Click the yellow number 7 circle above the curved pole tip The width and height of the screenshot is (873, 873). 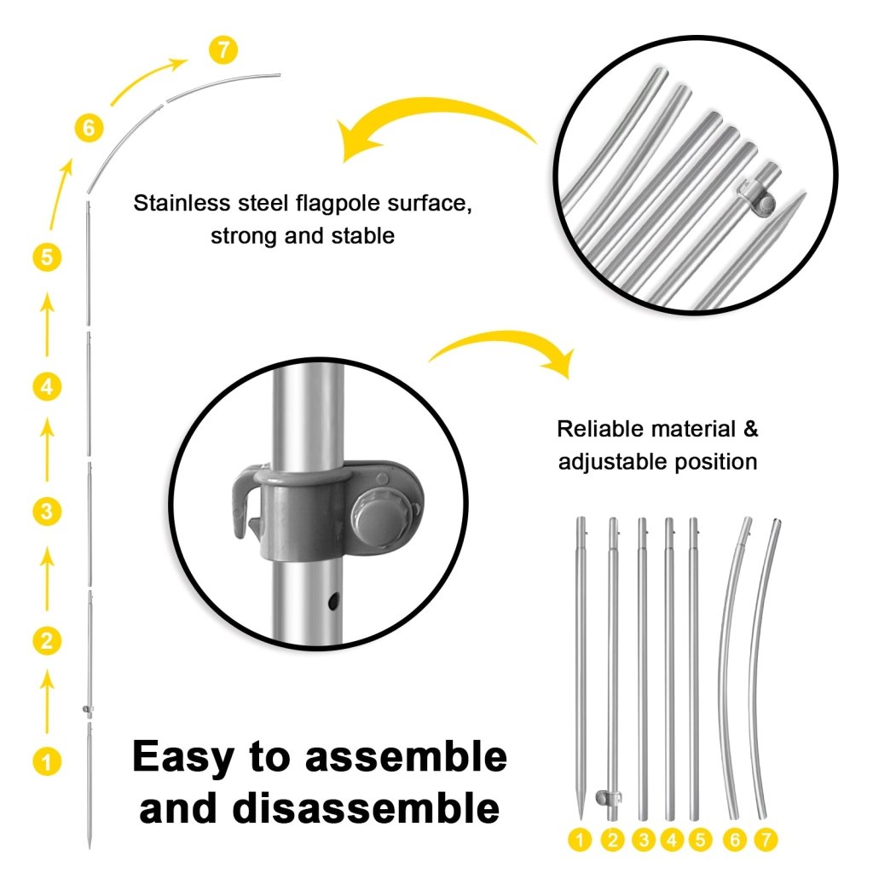click(x=223, y=49)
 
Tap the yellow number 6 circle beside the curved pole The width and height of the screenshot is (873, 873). click(x=89, y=128)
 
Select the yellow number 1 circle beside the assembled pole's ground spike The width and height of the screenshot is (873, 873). click(x=47, y=761)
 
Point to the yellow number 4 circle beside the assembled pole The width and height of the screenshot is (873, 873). click(x=47, y=386)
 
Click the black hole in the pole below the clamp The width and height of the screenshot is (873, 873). click(x=333, y=601)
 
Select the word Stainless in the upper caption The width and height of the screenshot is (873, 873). click(x=182, y=203)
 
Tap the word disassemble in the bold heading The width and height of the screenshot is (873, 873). click(x=366, y=808)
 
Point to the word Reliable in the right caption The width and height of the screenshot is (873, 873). click(x=599, y=429)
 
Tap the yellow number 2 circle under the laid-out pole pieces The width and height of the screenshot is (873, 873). click(x=612, y=840)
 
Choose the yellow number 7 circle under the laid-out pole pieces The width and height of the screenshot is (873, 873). click(x=766, y=840)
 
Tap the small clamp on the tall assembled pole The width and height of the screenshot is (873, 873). click(x=88, y=709)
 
